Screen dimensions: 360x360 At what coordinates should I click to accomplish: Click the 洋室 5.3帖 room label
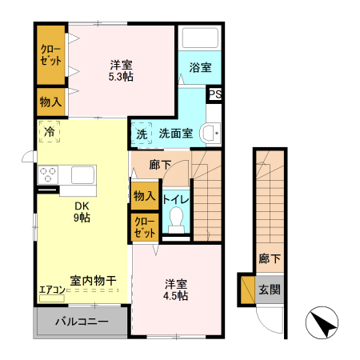click(x=121, y=70)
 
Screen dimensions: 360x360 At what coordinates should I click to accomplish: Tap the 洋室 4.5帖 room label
click(x=176, y=290)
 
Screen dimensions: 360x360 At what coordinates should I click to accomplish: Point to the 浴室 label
click(x=200, y=67)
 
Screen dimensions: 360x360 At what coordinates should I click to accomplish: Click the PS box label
click(x=214, y=94)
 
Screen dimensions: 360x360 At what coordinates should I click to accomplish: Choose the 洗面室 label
click(x=174, y=133)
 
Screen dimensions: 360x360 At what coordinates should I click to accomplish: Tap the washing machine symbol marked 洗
click(x=142, y=133)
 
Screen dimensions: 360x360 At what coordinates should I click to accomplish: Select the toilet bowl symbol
click(x=176, y=218)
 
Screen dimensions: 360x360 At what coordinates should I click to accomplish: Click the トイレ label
click(x=176, y=198)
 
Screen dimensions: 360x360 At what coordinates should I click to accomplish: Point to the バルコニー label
click(x=81, y=324)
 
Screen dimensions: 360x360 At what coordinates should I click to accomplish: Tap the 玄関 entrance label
click(x=270, y=289)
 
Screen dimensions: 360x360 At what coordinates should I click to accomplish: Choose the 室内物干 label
click(x=93, y=280)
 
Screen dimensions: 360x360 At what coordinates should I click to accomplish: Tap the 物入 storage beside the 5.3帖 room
click(x=50, y=101)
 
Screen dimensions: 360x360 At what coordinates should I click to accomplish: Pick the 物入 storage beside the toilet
click(x=144, y=196)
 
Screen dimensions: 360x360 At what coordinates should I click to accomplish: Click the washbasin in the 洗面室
click(x=210, y=133)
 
